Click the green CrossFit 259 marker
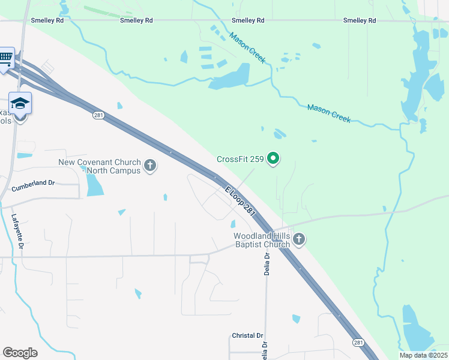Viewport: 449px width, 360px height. click(274, 159)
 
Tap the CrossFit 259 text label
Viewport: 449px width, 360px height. click(240, 159)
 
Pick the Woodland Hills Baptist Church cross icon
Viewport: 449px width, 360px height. click(299, 240)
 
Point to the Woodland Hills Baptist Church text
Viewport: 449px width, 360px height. click(262, 240)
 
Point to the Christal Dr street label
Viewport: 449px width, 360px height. click(247, 335)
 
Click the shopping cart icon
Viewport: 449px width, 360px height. click(5, 58)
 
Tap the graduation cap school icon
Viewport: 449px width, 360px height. click(20, 103)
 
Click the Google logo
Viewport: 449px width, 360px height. click(20, 353)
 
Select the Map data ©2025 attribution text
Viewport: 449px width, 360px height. click(423, 355)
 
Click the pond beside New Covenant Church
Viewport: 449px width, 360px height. click(94, 185)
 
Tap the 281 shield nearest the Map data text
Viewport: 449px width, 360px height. click(358, 342)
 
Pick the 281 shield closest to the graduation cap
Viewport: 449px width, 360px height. click(98, 115)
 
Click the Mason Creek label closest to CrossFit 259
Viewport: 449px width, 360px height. click(328, 112)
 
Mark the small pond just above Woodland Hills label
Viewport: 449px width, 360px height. click(233, 224)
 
